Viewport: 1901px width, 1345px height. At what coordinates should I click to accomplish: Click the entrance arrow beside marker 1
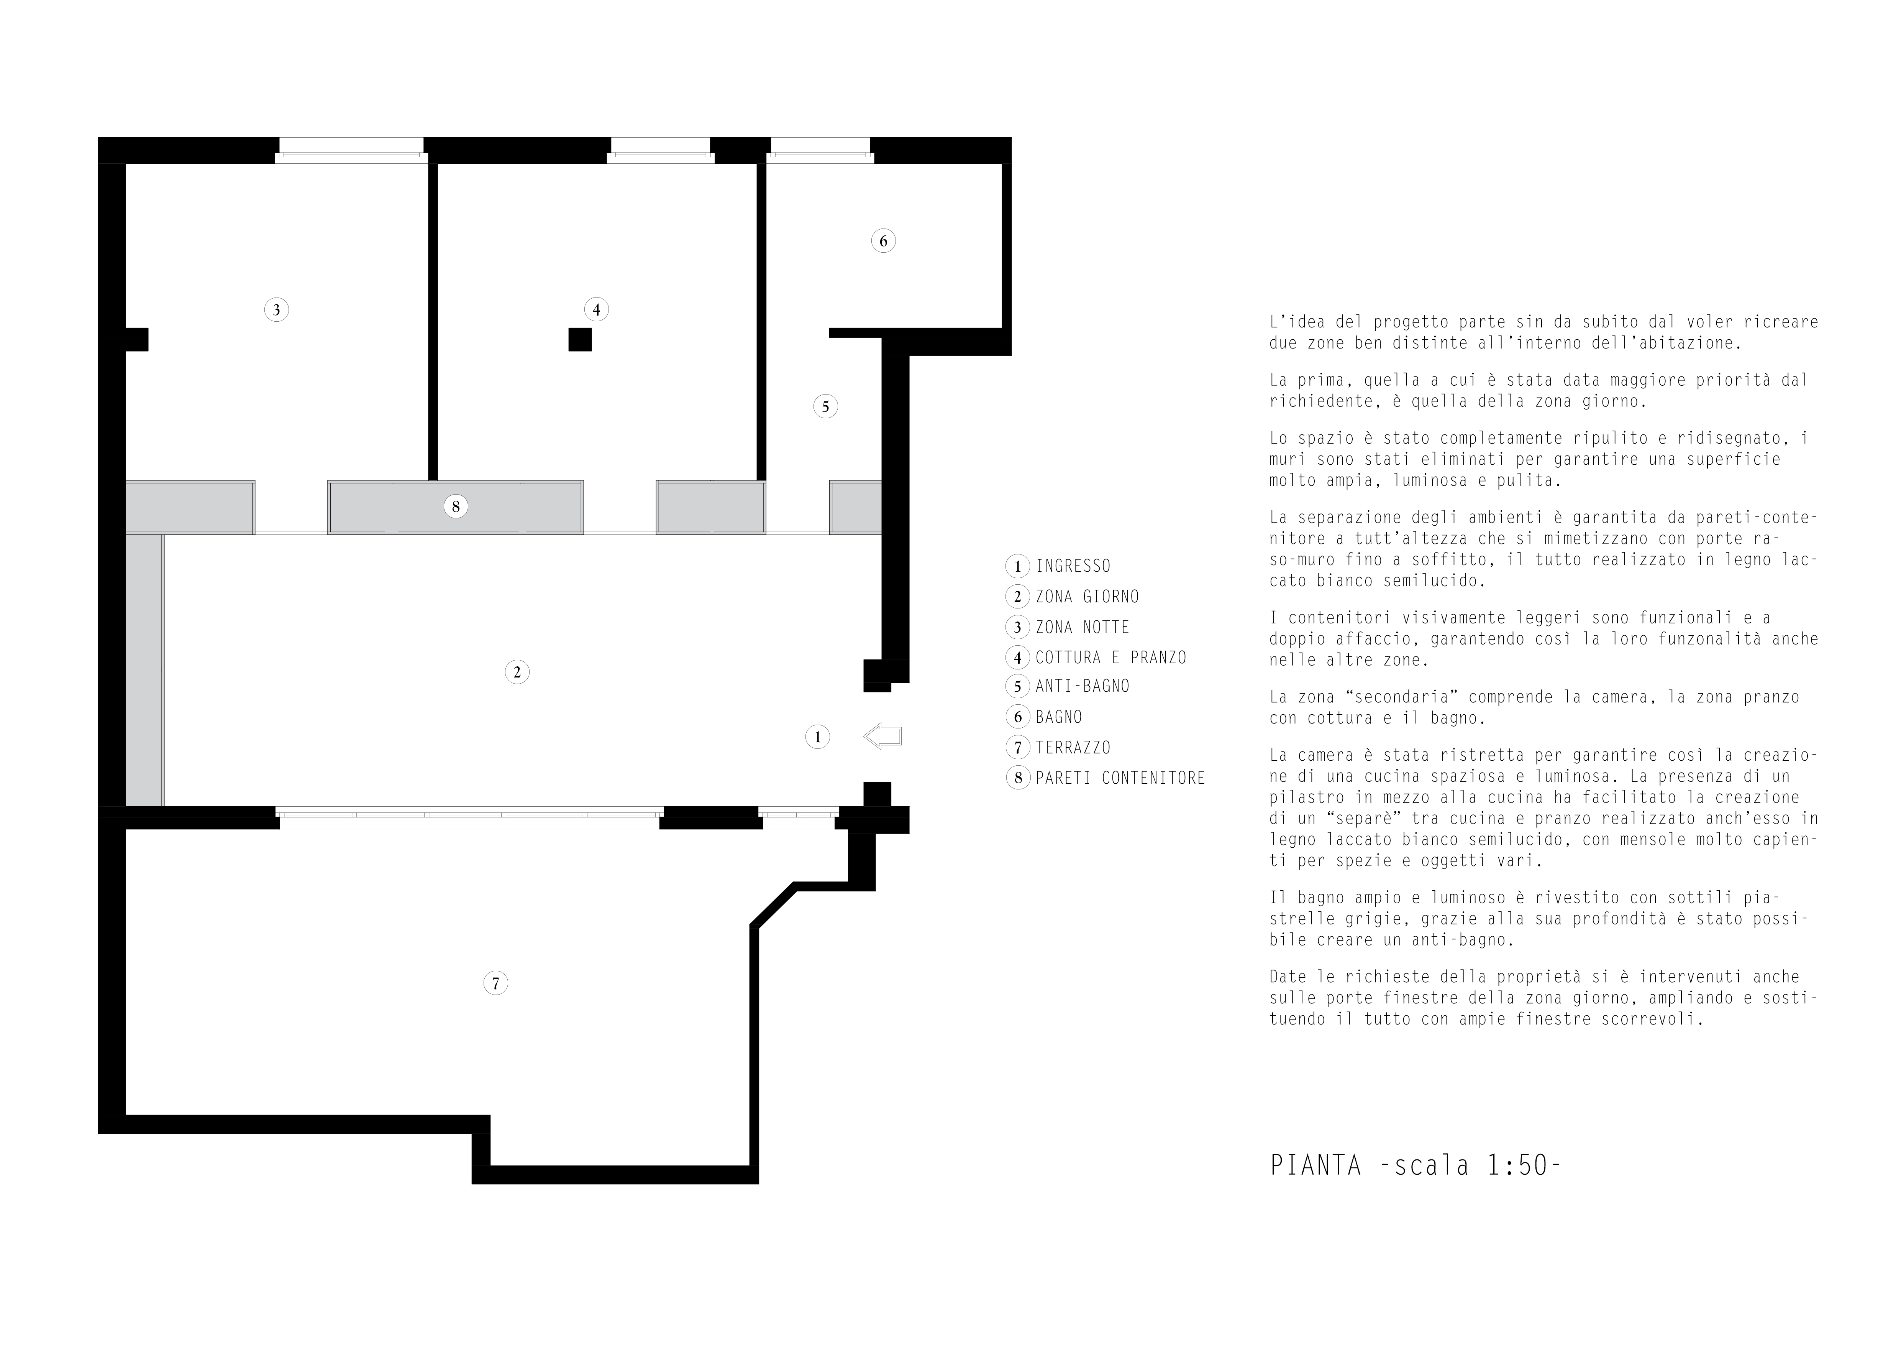point(882,736)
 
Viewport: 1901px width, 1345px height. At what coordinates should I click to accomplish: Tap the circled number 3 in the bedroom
point(277,310)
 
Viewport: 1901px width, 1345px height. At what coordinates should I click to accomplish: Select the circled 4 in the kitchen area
point(596,310)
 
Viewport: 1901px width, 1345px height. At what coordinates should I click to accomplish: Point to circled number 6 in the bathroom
point(883,241)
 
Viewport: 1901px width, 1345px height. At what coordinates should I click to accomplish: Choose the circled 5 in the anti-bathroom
point(825,407)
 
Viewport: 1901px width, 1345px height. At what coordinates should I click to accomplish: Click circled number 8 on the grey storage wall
point(455,506)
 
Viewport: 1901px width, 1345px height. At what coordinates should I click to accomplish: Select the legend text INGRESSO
point(1073,567)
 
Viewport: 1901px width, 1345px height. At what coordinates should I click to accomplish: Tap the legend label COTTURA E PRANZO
point(1110,658)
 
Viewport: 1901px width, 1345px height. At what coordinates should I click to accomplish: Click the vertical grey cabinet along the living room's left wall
point(144,669)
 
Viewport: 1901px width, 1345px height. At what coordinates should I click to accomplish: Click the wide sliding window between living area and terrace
point(469,817)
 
